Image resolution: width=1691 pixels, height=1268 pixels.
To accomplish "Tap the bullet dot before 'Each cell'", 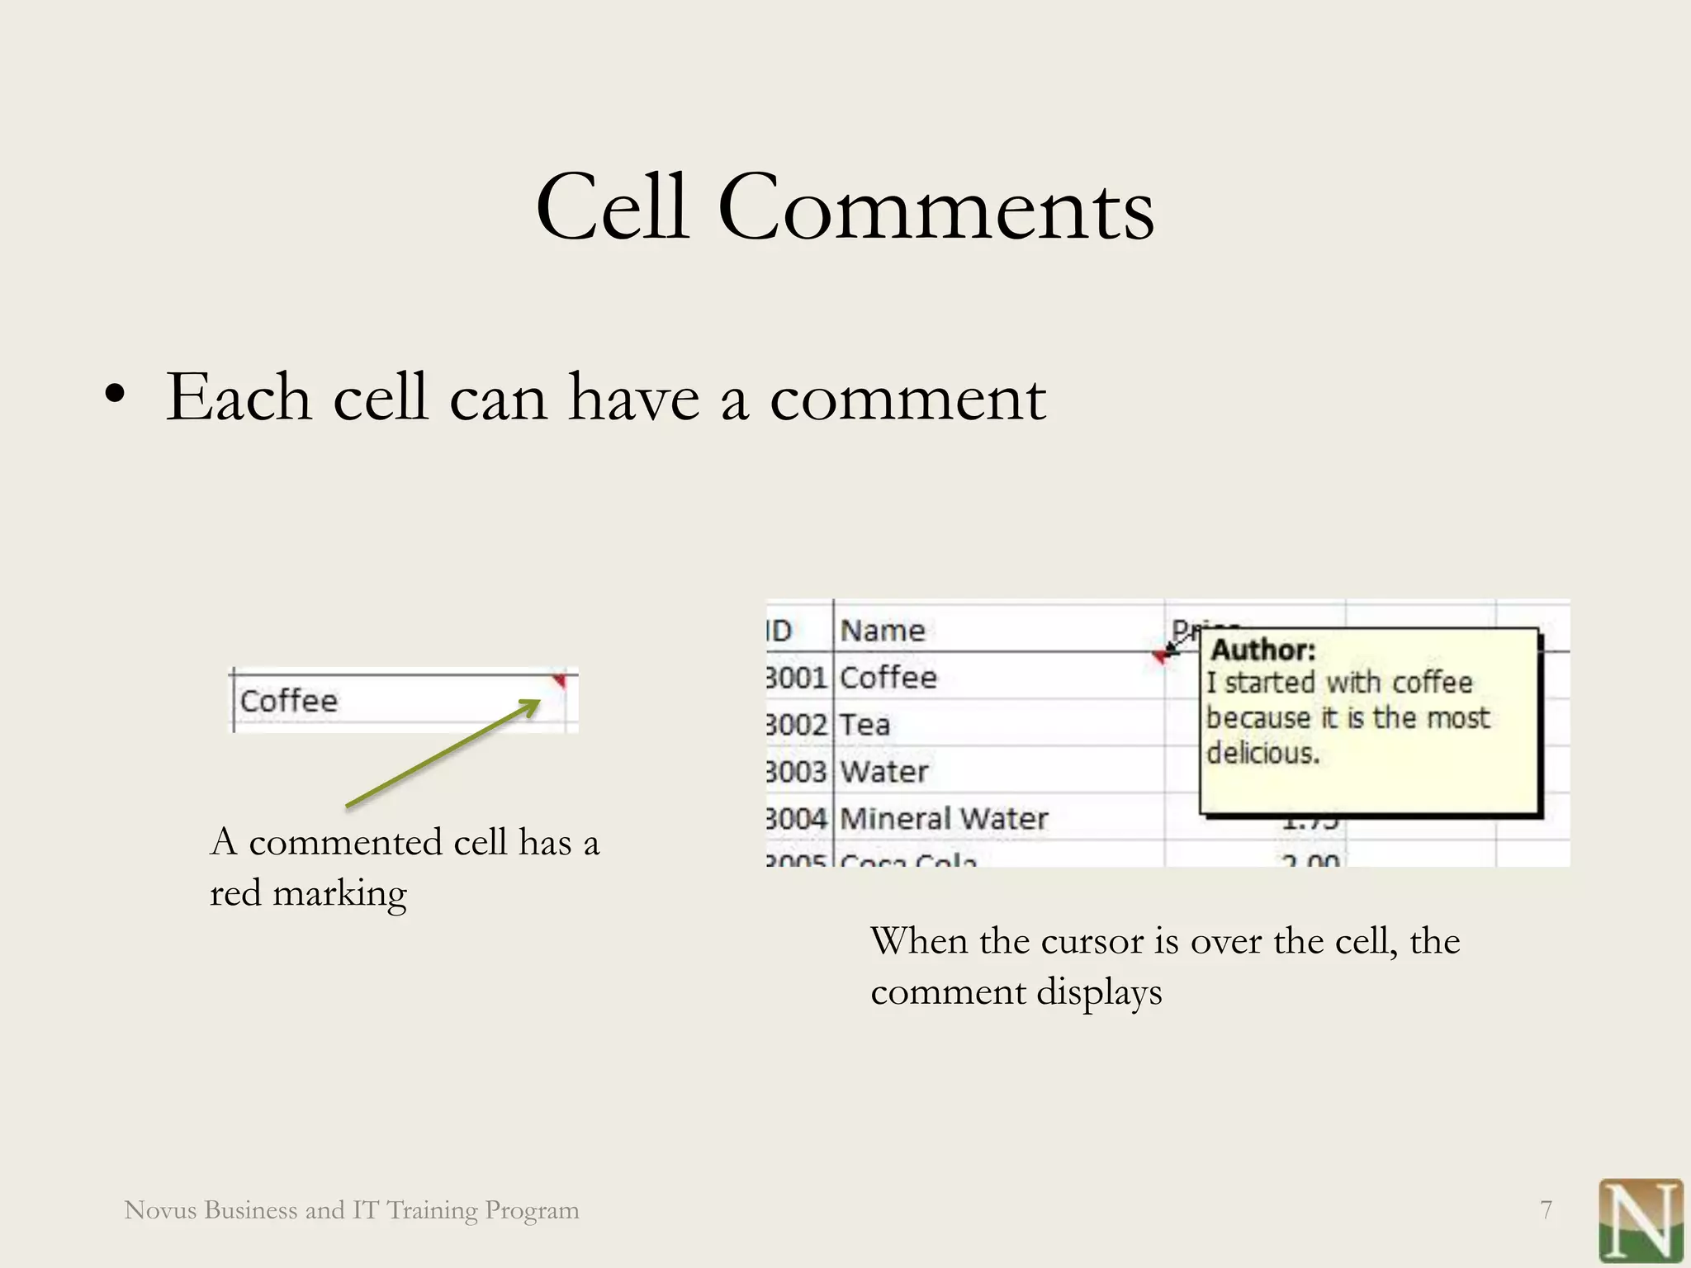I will [x=116, y=394].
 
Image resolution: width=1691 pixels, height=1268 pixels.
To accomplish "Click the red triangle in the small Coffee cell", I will [x=560, y=681].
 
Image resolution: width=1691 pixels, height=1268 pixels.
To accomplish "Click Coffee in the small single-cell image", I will [x=289, y=701].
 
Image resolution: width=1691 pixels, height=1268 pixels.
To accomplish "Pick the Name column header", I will [x=883, y=631].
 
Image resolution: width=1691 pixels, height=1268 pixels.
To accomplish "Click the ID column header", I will [x=779, y=631].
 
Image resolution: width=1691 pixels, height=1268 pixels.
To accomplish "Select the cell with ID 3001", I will [x=796, y=678].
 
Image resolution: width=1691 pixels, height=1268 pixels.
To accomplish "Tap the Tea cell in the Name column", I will [x=865, y=725].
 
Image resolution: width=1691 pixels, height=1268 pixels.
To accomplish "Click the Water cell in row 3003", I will [x=884, y=772].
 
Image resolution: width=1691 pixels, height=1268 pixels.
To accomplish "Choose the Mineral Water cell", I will [x=944, y=819].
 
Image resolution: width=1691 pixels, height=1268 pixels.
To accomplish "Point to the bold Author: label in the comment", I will [x=1262, y=651].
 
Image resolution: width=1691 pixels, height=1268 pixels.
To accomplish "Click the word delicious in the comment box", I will [x=1262, y=754].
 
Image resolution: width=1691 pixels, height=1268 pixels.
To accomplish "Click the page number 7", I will [x=1547, y=1210].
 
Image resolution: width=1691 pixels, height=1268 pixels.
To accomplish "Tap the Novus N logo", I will [x=1640, y=1220].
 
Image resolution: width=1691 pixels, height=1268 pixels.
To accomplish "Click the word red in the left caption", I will [x=235, y=893].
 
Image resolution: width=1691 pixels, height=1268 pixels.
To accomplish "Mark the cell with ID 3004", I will [x=796, y=819].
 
